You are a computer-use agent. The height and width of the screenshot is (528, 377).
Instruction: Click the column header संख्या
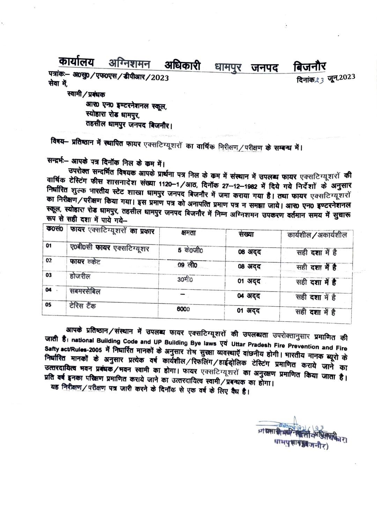point(246,234)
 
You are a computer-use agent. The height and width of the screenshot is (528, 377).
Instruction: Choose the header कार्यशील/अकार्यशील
point(317,235)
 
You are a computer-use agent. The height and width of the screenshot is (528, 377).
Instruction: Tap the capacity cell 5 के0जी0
point(190,250)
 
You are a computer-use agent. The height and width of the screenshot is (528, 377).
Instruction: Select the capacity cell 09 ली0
point(187,265)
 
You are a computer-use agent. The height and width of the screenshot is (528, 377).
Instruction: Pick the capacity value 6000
point(183,309)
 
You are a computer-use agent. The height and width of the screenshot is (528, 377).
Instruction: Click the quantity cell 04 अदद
point(249,296)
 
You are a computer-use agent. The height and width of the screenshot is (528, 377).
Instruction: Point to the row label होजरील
point(80,276)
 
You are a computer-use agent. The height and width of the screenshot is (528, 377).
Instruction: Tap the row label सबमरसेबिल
point(85,291)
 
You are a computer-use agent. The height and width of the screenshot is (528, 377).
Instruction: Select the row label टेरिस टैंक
point(83,306)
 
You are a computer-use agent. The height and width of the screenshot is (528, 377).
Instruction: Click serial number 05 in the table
point(48,305)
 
